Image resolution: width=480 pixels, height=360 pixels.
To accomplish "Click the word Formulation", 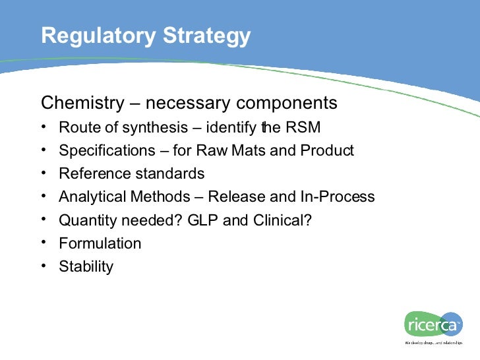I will point(100,243).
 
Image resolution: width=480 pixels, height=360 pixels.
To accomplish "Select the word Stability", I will point(86,266).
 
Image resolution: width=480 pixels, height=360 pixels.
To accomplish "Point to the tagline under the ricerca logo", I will point(435,343).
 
